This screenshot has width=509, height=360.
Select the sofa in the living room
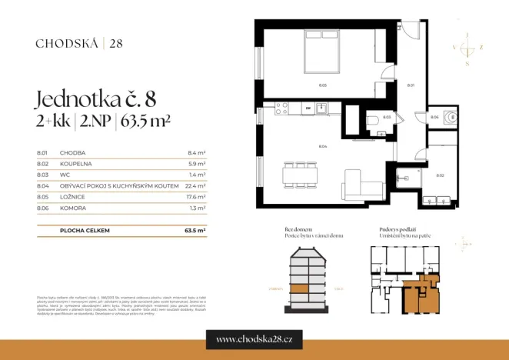coord(363,183)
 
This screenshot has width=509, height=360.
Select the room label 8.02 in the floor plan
coord(440,175)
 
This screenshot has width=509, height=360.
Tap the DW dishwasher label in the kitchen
coord(308,109)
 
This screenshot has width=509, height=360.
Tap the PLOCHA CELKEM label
coord(81,230)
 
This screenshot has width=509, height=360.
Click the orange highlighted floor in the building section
coord(298,289)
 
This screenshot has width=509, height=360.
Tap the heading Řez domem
coord(300,229)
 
